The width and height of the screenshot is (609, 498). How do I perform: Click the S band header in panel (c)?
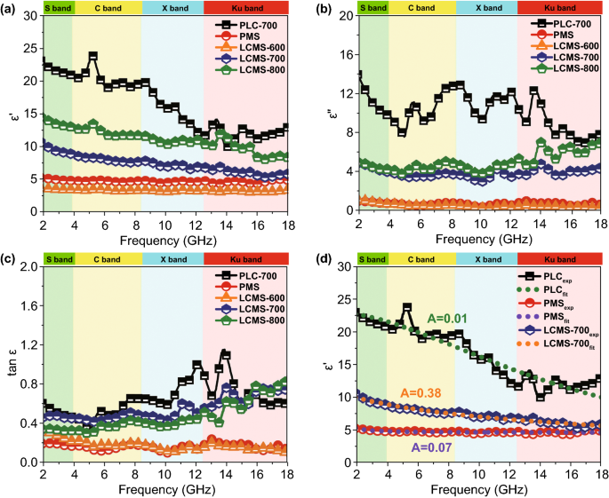click(58, 258)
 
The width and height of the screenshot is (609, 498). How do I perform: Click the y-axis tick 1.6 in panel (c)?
click(26, 305)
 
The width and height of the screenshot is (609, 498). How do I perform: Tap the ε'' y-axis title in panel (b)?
click(325, 114)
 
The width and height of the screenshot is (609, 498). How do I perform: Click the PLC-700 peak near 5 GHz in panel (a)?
click(92, 55)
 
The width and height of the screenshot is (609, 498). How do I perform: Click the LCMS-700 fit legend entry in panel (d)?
click(551, 342)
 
